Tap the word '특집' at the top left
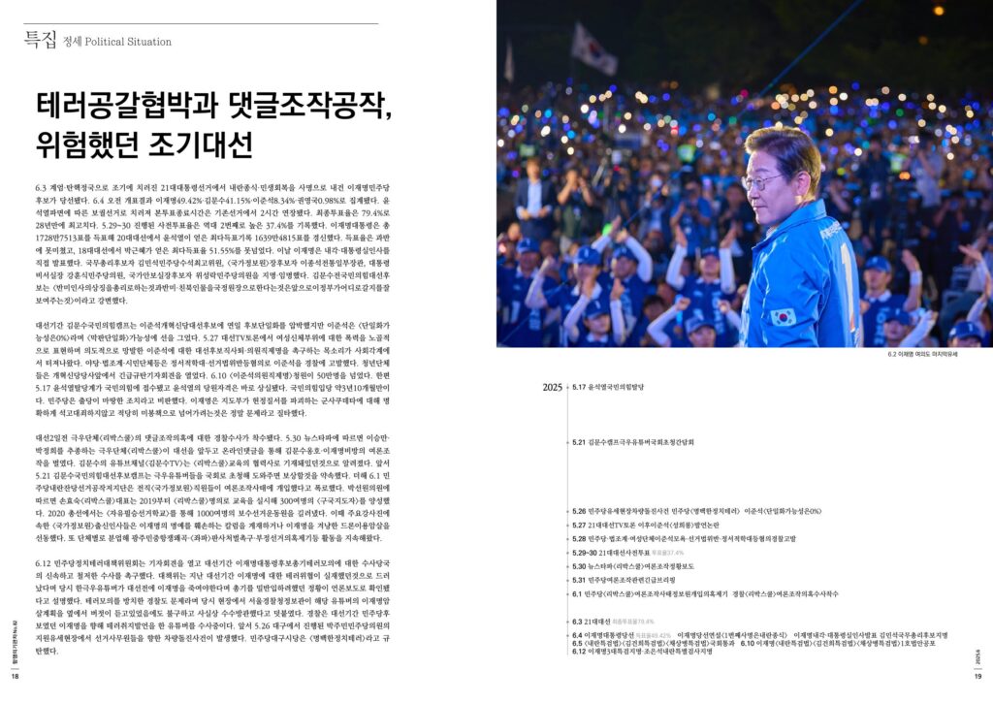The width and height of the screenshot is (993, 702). (x=40, y=40)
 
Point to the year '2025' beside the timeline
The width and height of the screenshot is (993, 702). (x=553, y=388)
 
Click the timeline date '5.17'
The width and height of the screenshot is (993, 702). (x=579, y=387)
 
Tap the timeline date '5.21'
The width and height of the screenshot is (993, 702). (x=579, y=442)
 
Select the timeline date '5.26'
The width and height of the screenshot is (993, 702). (x=580, y=511)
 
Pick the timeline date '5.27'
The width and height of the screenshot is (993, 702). (x=580, y=525)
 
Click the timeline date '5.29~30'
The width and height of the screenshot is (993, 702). (x=585, y=553)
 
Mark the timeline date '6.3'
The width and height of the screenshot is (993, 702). (x=579, y=621)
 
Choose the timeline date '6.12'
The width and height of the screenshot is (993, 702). (x=580, y=652)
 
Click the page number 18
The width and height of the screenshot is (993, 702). (x=15, y=678)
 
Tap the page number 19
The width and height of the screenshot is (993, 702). (x=978, y=678)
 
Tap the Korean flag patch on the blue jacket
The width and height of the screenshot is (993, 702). (x=783, y=317)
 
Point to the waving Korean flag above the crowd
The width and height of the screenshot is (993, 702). (x=593, y=48)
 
